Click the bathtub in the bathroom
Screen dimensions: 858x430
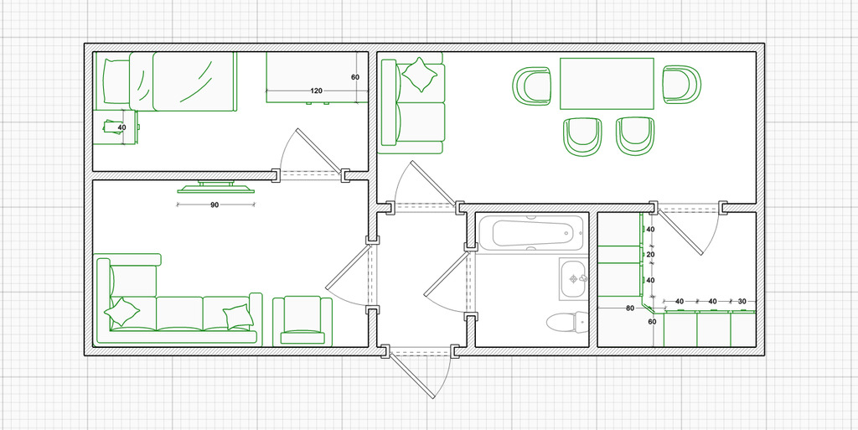[530, 232]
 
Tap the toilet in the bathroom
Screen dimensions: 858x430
[566, 322]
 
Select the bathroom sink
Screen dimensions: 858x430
[573, 280]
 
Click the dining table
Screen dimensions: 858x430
[607, 84]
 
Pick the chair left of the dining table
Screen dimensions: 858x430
[531, 85]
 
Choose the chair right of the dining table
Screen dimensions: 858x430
[682, 85]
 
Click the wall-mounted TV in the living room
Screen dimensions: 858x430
[216, 187]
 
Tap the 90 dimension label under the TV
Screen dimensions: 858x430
[215, 205]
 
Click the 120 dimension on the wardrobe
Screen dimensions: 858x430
[316, 91]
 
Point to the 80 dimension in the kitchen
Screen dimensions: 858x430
[630, 308]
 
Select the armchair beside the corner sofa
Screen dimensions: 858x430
[302, 320]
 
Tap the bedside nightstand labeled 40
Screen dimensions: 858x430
[115, 127]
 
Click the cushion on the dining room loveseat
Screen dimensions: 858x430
[420, 75]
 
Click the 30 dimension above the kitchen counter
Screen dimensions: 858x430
[742, 302]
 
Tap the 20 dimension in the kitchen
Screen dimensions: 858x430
[650, 255]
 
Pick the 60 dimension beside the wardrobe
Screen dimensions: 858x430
[355, 77]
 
